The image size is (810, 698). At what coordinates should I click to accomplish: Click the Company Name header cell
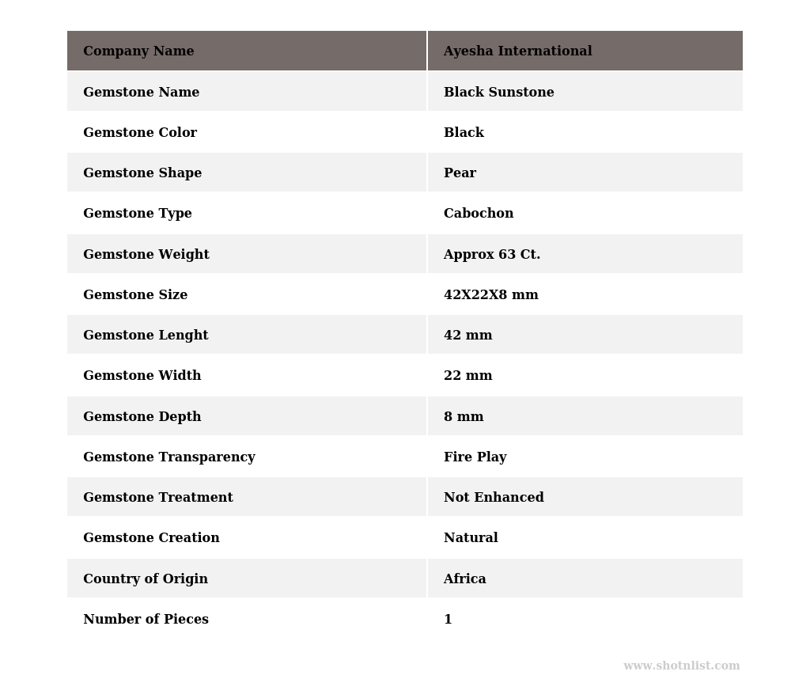tap(138, 51)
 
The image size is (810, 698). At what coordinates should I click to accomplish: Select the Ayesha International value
tap(517, 51)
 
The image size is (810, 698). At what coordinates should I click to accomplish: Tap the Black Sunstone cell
tap(498, 93)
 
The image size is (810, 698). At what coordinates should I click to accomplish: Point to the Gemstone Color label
tap(140, 133)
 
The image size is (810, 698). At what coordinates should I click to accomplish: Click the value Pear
tap(460, 173)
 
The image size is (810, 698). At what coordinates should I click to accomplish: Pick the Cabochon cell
tap(478, 214)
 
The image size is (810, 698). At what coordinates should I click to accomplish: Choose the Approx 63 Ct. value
tap(491, 255)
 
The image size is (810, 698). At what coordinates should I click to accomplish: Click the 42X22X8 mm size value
tap(490, 295)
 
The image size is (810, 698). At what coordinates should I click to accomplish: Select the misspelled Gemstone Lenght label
tap(146, 336)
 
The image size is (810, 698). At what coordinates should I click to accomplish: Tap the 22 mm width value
tap(467, 376)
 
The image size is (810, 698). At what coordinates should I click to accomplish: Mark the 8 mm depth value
tap(464, 417)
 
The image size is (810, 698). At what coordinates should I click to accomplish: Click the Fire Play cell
tap(475, 457)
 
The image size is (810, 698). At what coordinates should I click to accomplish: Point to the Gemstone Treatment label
tap(158, 498)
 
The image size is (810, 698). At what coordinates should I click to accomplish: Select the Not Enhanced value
tap(494, 498)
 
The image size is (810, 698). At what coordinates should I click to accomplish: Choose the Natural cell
tap(471, 538)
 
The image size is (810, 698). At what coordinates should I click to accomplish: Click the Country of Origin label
tap(146, 579)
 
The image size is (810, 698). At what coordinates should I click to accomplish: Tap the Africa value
tap(464, 579)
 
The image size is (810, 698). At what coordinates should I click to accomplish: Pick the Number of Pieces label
tap(146, 620)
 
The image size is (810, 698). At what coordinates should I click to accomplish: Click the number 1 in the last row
tap(448, 620)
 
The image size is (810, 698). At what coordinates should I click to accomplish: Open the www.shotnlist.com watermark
tap(681, 666)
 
